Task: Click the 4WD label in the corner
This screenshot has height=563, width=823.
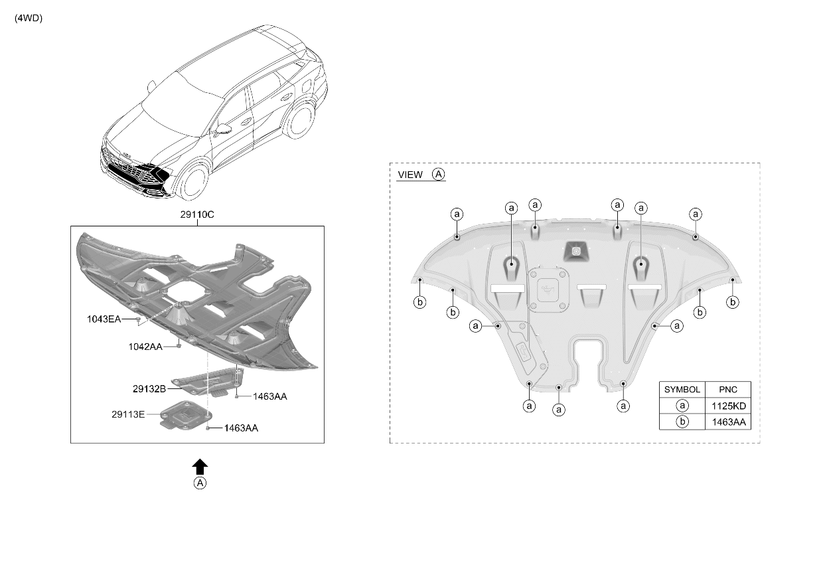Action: (x=29, y=19)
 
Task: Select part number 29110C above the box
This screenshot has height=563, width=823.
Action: (x=197, y=214)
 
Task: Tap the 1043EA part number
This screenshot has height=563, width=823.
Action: (x=104, y=319)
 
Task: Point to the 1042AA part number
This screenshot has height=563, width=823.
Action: (x=145, y=347)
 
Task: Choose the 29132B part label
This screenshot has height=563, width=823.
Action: (x=149, y=389)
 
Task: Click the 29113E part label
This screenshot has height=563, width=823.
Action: (x=128, y=414)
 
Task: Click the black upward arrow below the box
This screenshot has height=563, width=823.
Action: (x=200, y=467)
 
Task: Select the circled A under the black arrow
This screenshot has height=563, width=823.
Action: (x=200, y=483)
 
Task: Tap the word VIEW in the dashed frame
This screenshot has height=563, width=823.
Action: (x=410, y=175)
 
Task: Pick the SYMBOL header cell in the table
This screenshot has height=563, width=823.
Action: (x=682, y=390)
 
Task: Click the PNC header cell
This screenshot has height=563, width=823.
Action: (x=728, y=390)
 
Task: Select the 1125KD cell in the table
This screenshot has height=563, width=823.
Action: (x=729, y=406)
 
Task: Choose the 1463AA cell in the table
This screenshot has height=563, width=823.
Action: (x=729, y=422)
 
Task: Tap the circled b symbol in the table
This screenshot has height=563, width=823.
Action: (x=682, y=422)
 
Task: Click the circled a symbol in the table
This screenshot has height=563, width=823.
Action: (x=682, y=406)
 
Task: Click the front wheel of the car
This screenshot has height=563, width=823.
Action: (x=193, y=181)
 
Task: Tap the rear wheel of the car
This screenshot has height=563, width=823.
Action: (x=299, y=120)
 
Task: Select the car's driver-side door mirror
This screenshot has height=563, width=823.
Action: (x=222, y=129)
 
